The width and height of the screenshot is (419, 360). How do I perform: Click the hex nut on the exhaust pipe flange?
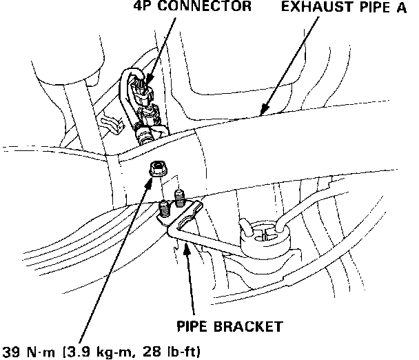[156, 169]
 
